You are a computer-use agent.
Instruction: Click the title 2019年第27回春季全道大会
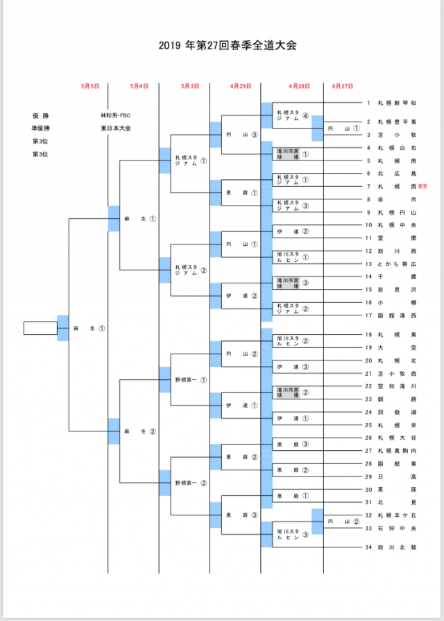[x=222, y=47]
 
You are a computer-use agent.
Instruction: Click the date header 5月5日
[x=89, y=86]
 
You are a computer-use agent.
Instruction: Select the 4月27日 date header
[x=342, y=86]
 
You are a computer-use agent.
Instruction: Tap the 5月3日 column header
[x=190, y=86]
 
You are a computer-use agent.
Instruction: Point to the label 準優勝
[x=41, y=129]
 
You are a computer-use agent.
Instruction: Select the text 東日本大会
[x=115, y=129]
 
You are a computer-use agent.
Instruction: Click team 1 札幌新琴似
[x=391, y=103]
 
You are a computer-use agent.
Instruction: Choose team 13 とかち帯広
[x=391, y=264]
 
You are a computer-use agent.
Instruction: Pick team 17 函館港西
[x=391, y=315]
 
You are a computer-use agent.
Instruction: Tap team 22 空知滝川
[x=391, y=386]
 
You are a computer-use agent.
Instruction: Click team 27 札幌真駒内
[x=391, y=450]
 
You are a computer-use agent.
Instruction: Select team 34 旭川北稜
[x=391, y=547]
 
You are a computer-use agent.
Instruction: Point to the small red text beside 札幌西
[x=422, y=186]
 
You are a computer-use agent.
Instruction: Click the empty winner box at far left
[x=40, y=328]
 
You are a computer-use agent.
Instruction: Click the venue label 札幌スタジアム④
[x=291, y=115]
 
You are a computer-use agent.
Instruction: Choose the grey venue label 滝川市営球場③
[x=291, y=283]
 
